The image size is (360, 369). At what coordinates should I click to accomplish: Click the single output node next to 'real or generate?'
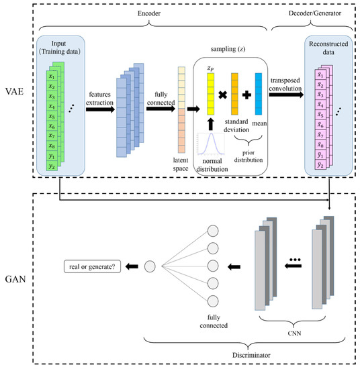tap(150, 266)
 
